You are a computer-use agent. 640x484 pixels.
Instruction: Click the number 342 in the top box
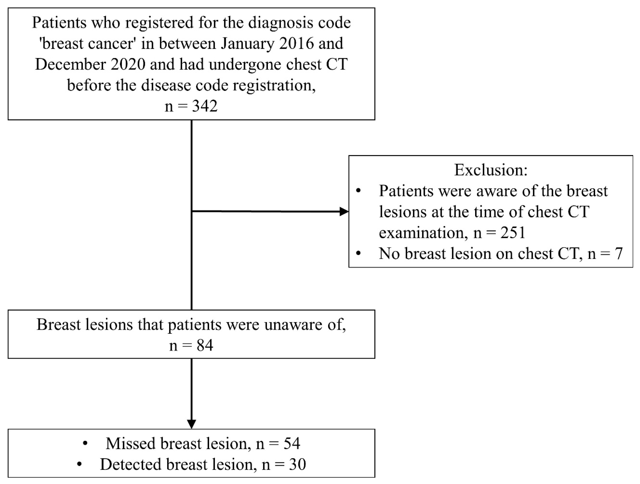pyautogui.click(x=205, y=106)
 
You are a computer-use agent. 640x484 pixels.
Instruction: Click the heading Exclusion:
pyautogui.click(x=491, y=170)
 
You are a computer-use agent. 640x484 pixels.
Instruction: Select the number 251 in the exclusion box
pyautogui.click(x=513, y=233)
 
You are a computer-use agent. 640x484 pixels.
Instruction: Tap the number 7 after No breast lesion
pyautogui.click(x=619, y=254)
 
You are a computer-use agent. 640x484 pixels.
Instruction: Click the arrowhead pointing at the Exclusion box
pyautogui.click(x=344, y=211)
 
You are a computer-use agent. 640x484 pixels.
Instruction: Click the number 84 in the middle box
pyautogui.click(x=205, y=345)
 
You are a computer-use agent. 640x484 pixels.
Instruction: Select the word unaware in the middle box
pyautogui.click(x=293, y=325)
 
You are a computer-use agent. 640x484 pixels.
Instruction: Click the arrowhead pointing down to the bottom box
pyautogui.click(x=191, y=424)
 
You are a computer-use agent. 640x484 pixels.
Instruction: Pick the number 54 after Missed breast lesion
pyautogui.click(x=292, y=444)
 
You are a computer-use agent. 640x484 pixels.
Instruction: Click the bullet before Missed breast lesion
pyautogui.click(x=85, y=444)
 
